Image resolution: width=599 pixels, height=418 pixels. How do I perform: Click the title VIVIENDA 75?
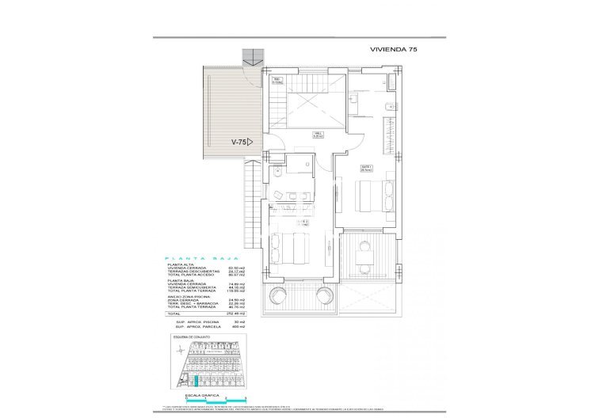point(393,49)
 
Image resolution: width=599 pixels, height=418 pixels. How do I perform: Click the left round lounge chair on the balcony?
point(279,296)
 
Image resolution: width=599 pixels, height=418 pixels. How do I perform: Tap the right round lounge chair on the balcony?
point(325,296)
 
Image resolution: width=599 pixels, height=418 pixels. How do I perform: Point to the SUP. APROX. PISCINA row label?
point(188,321)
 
